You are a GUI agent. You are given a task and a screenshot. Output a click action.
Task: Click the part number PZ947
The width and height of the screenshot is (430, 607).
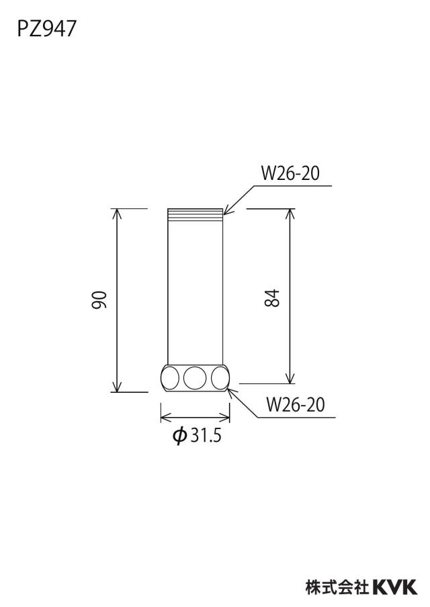[x=46, y=29]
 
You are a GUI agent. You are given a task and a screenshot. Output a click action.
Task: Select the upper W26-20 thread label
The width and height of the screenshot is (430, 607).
[x=290, y=173]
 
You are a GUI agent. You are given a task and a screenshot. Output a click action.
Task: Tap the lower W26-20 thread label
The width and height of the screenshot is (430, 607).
[x=295, y=404]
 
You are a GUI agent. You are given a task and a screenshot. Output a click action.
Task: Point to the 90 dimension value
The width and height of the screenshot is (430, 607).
[x=99, y=299]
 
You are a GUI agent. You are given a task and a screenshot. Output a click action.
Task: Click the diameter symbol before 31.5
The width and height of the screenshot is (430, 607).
[x=180, y=436]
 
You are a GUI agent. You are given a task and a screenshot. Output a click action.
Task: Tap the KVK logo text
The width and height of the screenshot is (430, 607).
[x=395, y=587]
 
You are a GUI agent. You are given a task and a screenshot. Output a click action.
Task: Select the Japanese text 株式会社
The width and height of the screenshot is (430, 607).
[x=337, y=587]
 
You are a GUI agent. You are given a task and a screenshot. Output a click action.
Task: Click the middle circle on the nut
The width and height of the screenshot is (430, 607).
[x=195, y=377]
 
